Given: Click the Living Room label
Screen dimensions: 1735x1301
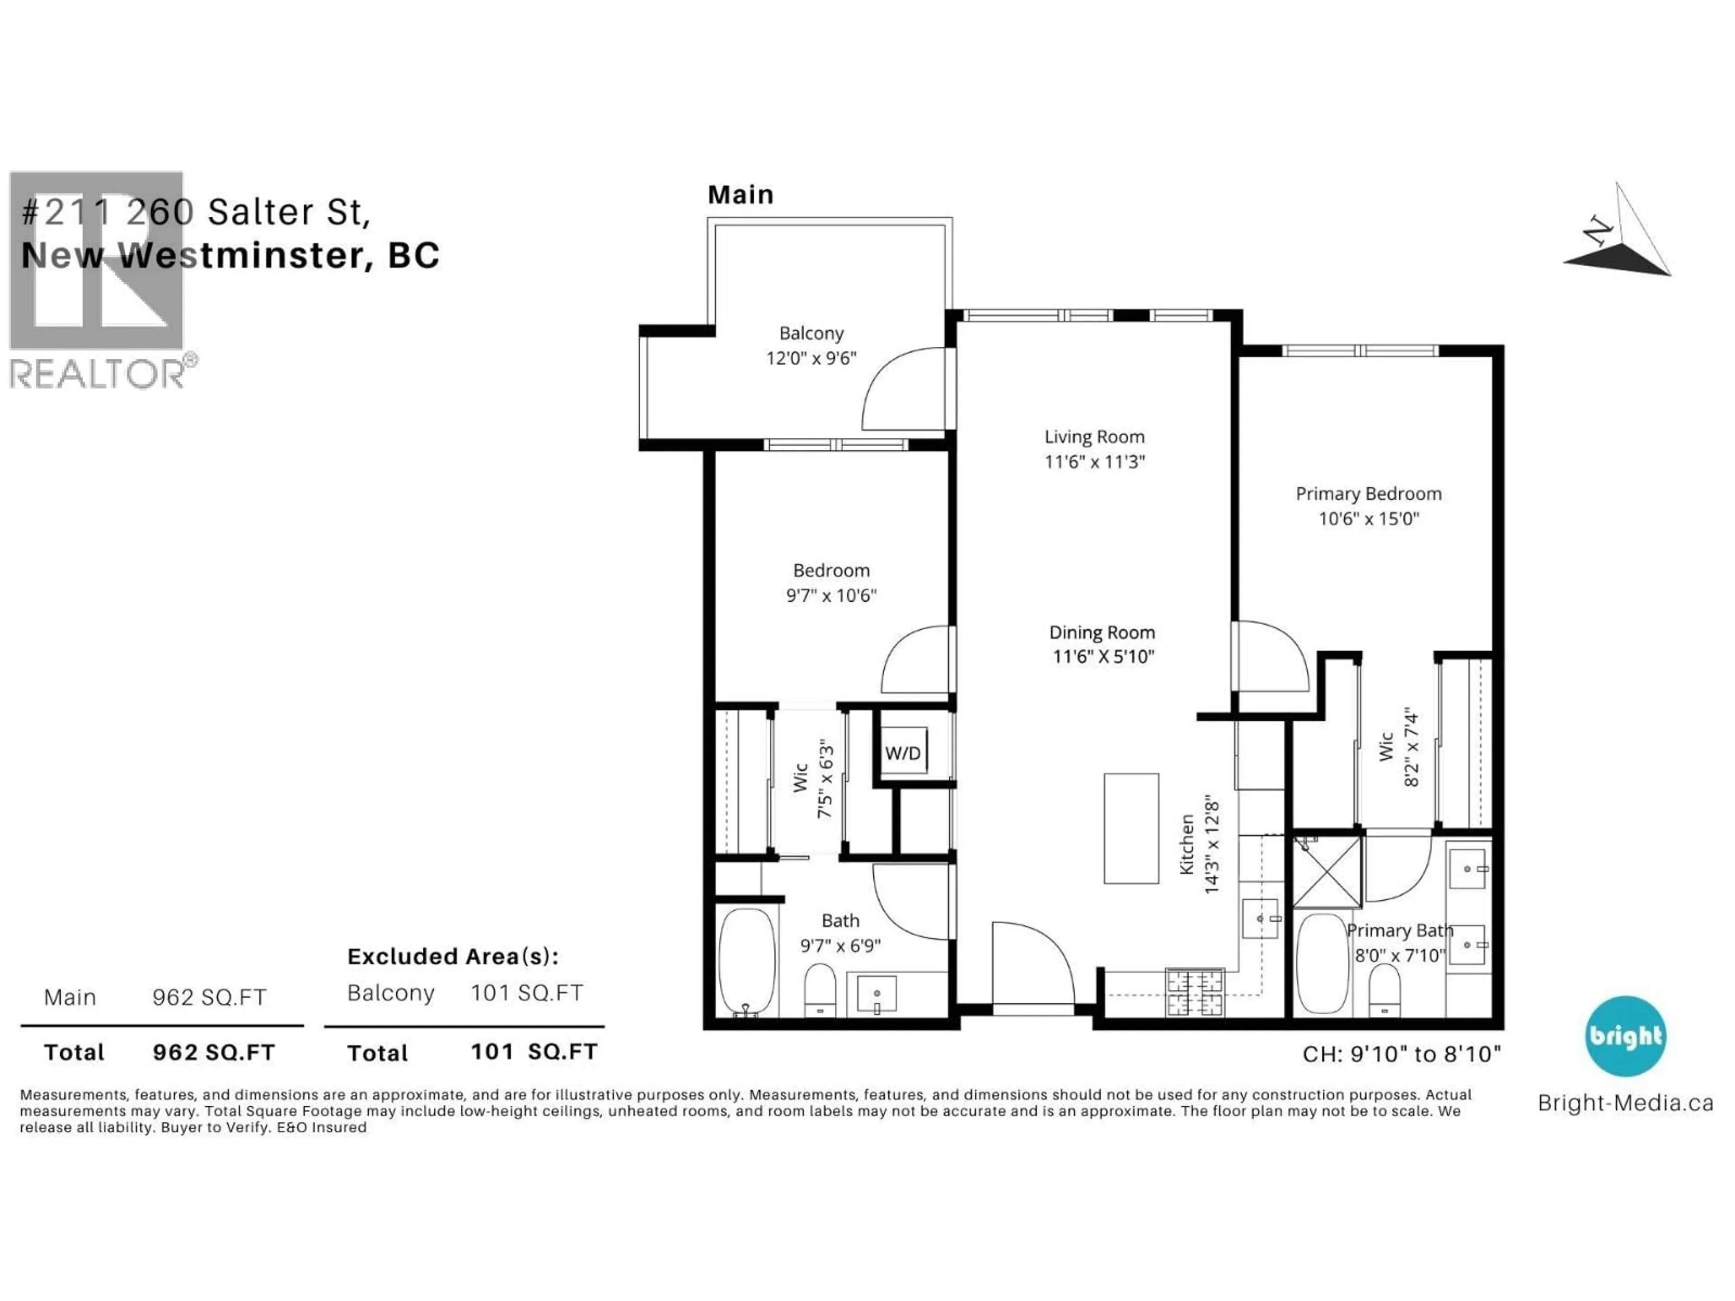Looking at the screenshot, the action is point(1094,437).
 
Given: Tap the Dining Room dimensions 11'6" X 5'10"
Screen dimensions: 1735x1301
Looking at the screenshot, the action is point(1103,656).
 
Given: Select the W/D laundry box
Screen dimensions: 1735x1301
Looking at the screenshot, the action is point(903,753).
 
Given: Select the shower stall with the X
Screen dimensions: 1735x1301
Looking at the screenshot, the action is point(1327,872).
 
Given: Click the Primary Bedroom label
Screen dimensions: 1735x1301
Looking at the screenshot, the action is point(1369,493).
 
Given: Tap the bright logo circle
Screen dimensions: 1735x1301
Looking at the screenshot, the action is point(1625,1036).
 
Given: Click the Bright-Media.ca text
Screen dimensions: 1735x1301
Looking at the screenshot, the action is point(1625,1104).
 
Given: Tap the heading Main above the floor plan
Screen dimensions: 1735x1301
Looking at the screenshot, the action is point(741,195).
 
